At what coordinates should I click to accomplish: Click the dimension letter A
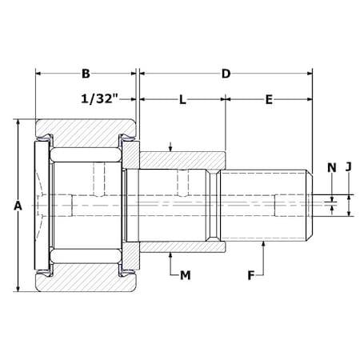coord(18,206)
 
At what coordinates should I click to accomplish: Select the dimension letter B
coord(86,74)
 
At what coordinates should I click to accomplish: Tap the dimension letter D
coord(226,74)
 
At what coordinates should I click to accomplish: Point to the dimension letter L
coord(182,100)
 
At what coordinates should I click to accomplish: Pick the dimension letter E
coord(269,100)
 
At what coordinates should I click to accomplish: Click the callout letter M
coord(185,275)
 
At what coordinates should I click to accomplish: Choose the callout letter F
coord(251,275)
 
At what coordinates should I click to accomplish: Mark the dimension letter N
coord(331,168)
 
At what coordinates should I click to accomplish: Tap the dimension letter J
coord(349,166)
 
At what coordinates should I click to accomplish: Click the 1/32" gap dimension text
coord(100,99)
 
